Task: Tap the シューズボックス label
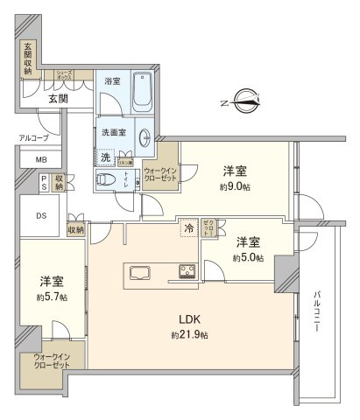pyautogui.click(x=65, y=76)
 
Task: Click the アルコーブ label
pyautogui.click(x=34, y=138)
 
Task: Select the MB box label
pyautogui.click(x=41, y=160)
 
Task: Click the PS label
pyautogui.click(x=43, y=182)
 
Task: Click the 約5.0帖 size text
pyautogui.click(x=247, y=258)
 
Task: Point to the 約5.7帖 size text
pyautogui.click(x=51, y=297)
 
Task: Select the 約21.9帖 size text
pyautogui.click(x=189, y=335)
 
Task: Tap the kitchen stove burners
pyautogui.click(x=188, y=271)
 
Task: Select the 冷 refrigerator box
pyautogui.click(x=189, y=228)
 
